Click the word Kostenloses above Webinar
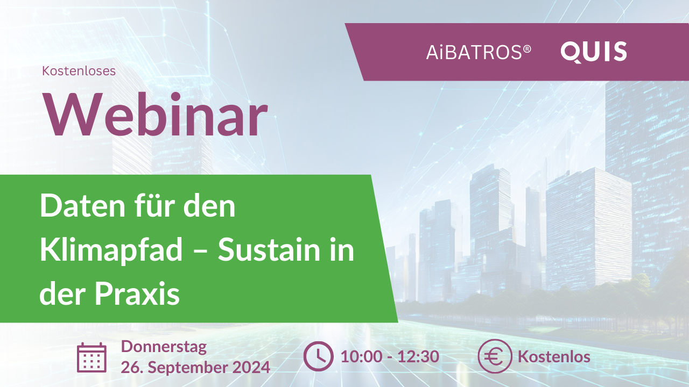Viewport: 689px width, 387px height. coord(79,70)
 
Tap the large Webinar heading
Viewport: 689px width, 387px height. coord(156,116)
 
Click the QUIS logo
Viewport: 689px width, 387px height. coord(594,52)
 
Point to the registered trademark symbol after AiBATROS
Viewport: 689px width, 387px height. coord(527,48)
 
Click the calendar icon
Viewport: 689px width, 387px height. coord(92,357)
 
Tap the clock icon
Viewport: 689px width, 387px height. coord(318,357)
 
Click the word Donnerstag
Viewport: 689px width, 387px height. coord(164,347)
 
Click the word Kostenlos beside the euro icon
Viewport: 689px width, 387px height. coord(554,356)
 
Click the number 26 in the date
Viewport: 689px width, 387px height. coord(131,368)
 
